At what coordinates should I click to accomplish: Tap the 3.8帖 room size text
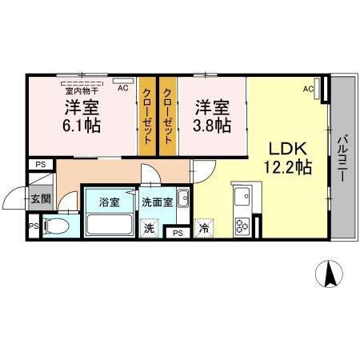(x=213, y=126)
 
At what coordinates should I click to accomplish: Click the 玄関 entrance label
(x=40, y=198)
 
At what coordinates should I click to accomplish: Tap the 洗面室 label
(x=157, y=202)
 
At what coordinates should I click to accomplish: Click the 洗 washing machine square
(x=149, y=229)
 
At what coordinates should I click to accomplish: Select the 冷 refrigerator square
(x=205, y=229)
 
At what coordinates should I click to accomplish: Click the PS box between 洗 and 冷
(x=177, y=233)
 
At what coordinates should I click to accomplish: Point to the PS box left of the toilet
(x=33, y=226)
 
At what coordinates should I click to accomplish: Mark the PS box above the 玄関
(x=38, y=165)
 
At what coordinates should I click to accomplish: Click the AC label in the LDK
(x=308, y=90)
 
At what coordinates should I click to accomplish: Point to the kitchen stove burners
(x=242, y=225)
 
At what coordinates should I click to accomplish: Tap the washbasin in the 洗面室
(x=182, y=198)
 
